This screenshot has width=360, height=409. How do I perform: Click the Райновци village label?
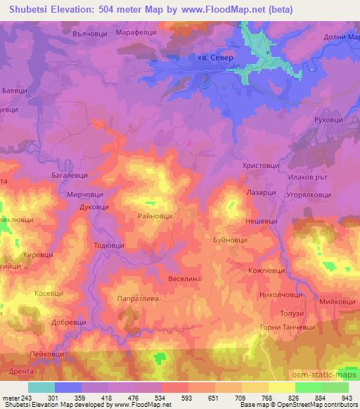(x=153, y=218)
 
